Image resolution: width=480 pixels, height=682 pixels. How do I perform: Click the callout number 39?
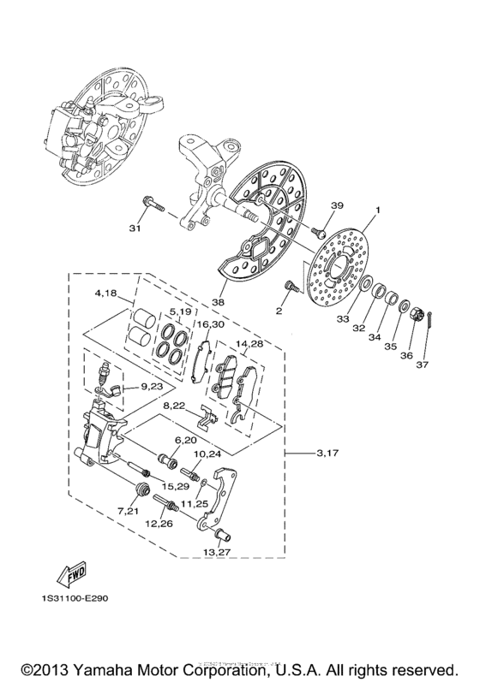(x=336, y=205)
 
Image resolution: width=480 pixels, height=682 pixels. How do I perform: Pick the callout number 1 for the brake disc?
(x=376, y=209)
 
